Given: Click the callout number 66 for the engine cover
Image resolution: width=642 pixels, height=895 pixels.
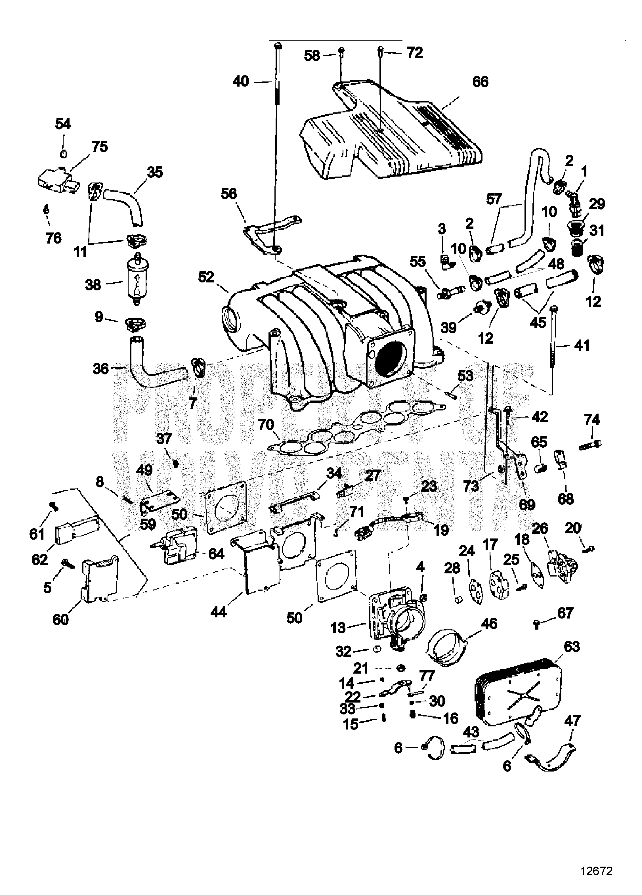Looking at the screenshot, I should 480,82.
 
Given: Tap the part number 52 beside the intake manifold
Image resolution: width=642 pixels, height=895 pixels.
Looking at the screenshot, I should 206,277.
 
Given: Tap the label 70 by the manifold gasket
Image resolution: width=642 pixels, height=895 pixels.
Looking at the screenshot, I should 266,425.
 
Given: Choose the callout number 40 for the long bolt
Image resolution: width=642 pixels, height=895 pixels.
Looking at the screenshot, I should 241,81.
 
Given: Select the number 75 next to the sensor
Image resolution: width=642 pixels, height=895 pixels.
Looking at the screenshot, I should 100,146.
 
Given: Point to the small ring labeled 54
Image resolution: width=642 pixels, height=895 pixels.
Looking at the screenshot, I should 63,153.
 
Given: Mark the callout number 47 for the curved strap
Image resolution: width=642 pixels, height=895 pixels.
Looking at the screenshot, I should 572,721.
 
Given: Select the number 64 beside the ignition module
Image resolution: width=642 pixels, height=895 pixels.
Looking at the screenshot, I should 216,554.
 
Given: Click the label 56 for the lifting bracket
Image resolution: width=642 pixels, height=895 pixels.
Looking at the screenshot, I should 229,194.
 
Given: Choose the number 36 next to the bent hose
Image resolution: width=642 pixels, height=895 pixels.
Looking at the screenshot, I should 101,369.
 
